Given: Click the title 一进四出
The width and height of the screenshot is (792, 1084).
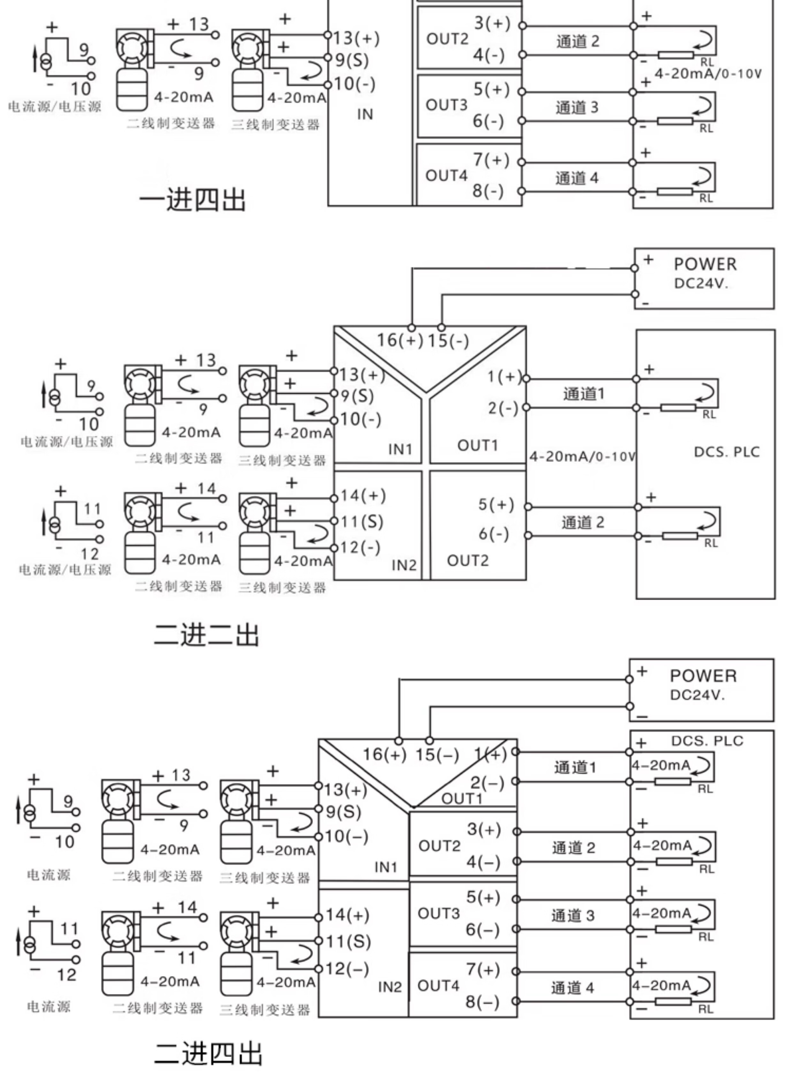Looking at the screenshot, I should pos(192,199).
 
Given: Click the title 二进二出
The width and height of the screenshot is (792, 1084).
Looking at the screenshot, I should pos(206,636).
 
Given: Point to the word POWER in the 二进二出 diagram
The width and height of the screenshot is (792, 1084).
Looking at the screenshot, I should pos(705,264).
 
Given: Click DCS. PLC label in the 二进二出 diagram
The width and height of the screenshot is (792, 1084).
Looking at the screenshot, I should pos(727,452).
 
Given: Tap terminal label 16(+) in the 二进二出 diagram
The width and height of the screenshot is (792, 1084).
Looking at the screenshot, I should pos(400,340).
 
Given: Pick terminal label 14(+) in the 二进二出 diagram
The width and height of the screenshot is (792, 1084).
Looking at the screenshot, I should pos(363,495).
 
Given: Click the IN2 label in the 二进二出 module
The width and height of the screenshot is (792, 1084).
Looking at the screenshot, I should pos(404,566).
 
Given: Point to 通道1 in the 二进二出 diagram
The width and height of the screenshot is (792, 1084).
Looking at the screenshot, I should pos(583,394).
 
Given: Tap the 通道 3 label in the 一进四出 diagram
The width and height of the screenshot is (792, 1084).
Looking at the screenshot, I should pos(577,107).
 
